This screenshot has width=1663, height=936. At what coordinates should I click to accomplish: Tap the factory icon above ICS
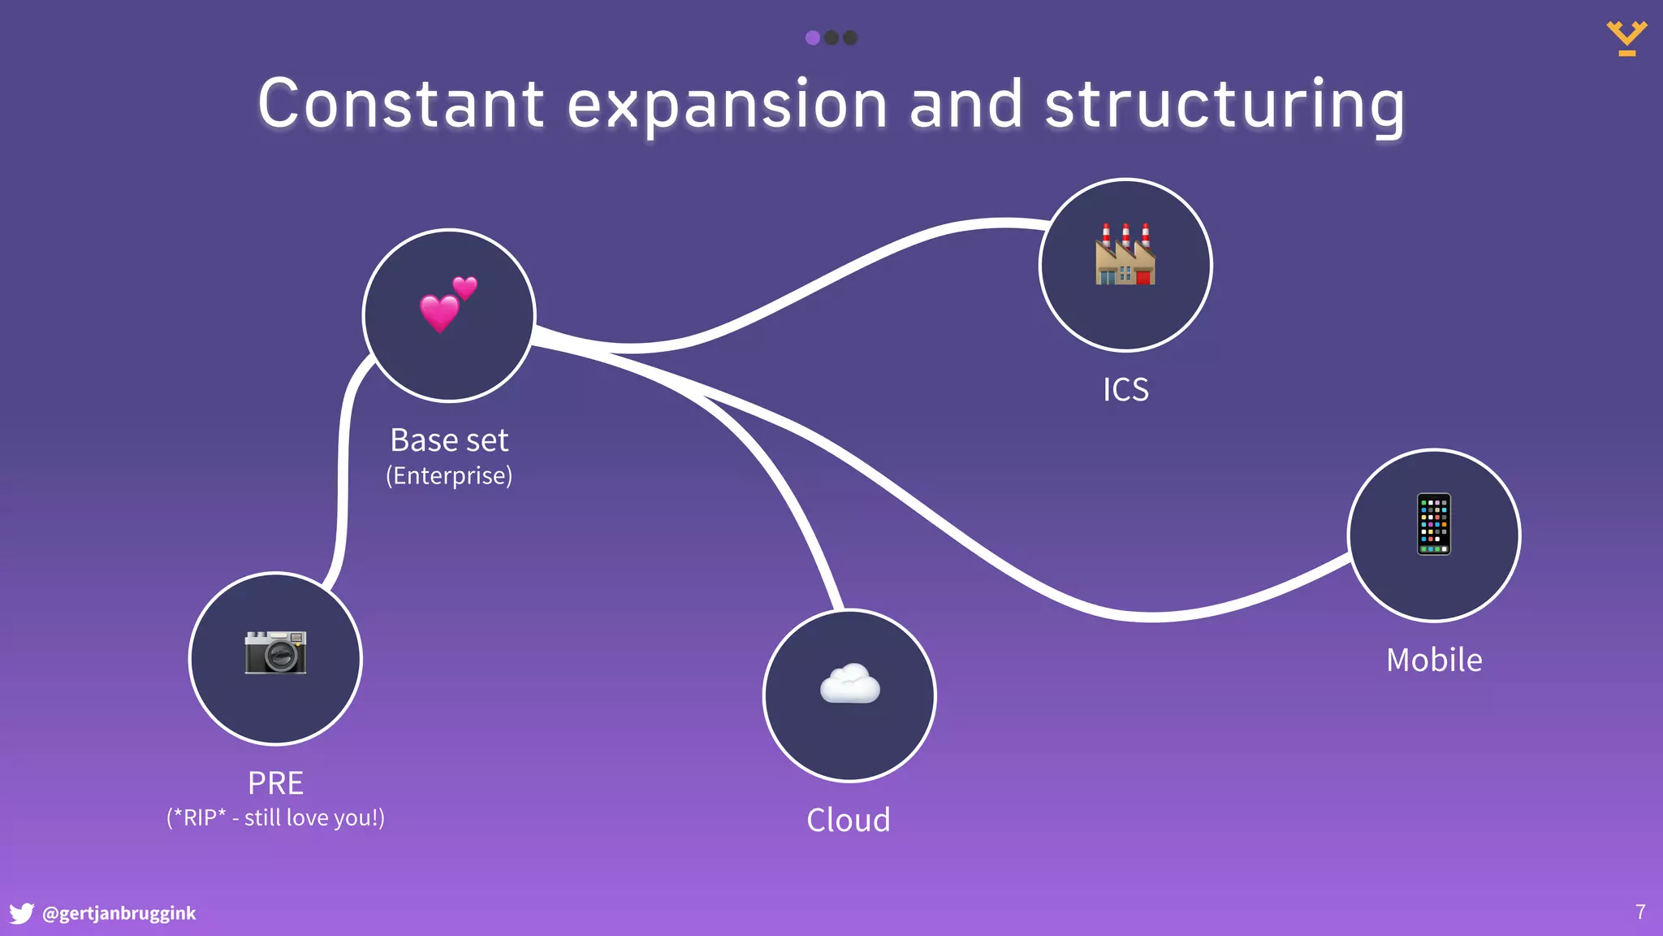click(1125, 254)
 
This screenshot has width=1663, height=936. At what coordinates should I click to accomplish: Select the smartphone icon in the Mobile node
click(1434, 524)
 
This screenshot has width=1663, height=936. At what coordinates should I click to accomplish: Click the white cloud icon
click(849, 683)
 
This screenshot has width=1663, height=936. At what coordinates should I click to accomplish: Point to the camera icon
click(275, 652)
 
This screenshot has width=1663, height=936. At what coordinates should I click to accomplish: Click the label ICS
click(1125, 390)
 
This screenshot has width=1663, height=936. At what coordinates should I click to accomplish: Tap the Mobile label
click(1434, 660)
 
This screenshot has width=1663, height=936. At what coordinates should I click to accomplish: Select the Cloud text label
click(849, 820)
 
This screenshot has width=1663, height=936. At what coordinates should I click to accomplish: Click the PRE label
click(275, 783)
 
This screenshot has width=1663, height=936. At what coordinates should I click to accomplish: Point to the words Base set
click(449, 440)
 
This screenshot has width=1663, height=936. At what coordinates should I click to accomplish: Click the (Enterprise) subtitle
click(449, 475)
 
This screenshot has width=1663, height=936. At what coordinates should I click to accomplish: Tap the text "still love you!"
click(313, 817)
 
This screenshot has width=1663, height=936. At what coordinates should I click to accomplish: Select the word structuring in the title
click(1225, 106)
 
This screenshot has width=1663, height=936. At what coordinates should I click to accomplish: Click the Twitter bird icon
click(22, 913)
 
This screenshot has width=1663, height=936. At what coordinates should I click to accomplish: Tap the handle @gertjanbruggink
click(119, 913)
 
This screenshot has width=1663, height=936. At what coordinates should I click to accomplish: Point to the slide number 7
click(1640, 912)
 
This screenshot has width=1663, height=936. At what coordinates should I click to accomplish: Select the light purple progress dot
click(812, 37)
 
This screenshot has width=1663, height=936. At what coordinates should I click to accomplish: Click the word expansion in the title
click(727, 106)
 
